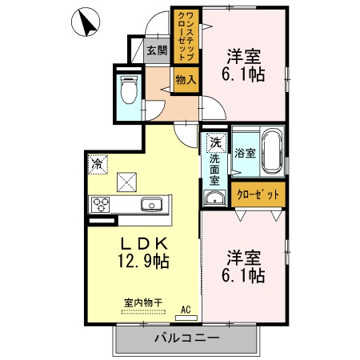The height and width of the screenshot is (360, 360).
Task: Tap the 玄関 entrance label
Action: click(x=157, y=53)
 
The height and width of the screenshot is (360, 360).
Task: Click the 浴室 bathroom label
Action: click(x=244, y=152)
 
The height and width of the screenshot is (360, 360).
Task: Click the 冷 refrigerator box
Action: click(x=97, y=164)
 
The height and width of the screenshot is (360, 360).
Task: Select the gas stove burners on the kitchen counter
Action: click(x=102, y=203)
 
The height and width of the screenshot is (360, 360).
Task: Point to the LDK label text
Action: click(x=144, y=242)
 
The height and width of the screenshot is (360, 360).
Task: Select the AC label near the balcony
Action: click(x=186, y=308)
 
